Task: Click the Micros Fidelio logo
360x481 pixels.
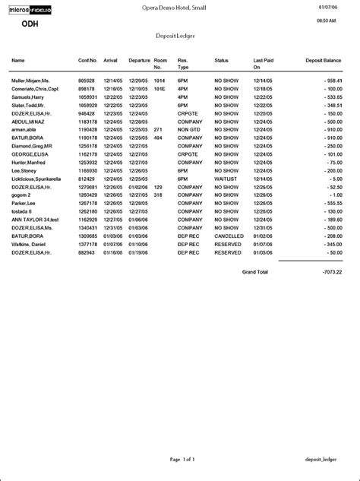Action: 36,9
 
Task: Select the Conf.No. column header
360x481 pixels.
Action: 87,59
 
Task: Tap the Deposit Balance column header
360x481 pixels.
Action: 324,59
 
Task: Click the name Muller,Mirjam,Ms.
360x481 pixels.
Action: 30,80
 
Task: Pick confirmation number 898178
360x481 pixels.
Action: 87,89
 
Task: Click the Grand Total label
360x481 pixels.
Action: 254,271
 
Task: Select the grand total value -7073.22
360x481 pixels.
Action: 331,271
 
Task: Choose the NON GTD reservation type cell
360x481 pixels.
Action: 188,129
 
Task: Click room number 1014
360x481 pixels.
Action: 159,80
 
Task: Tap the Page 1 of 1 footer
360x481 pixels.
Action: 183,460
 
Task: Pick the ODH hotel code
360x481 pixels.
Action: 31,23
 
